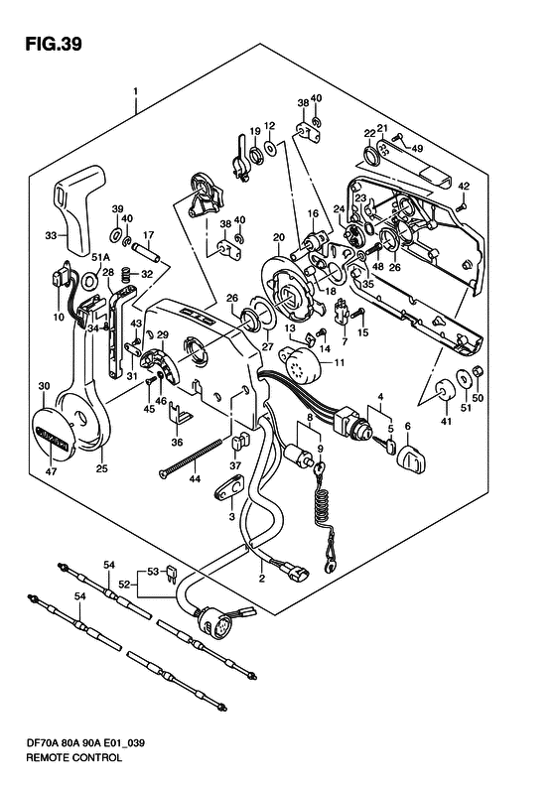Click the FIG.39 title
53,45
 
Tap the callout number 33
51,235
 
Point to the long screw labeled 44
191,459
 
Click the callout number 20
279,237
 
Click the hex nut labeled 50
478,371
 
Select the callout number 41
446,421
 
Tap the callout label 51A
100,258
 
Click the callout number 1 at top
135,92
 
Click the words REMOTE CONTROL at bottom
73,757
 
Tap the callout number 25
101,469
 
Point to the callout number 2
261,580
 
